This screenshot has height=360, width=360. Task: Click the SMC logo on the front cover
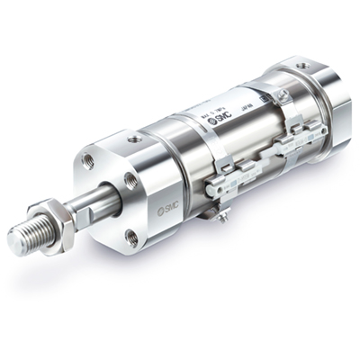(x=168, y=209)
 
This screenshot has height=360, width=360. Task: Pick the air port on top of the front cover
(x=134, y=139)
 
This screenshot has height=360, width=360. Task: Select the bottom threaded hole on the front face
(x=131, y=237)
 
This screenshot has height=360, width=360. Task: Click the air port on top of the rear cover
(x=301, y=66)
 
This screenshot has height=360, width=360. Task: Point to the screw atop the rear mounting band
(x=283, y=94)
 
